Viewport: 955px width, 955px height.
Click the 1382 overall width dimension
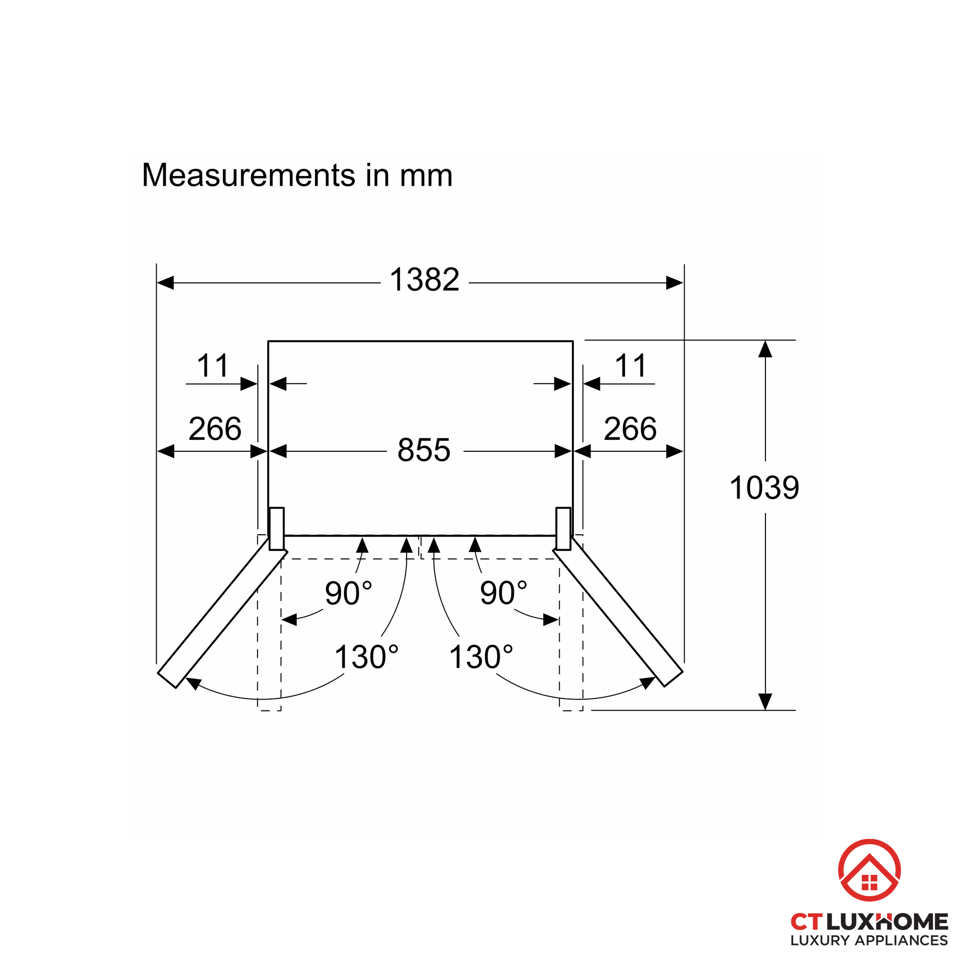click(x=424, y=280)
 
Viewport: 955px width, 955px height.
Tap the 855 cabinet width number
click(x=424, y=450)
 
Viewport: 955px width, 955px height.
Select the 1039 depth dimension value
click(x=764, y=488)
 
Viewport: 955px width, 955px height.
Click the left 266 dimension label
click(x=215, y=429)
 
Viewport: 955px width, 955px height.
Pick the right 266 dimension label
click(x=630, y=429)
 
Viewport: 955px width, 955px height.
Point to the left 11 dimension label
click(x=213, y=366)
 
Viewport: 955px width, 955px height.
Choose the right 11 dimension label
click(x=631, y=366)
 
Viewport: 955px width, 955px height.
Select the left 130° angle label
click(x=366, y=657)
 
